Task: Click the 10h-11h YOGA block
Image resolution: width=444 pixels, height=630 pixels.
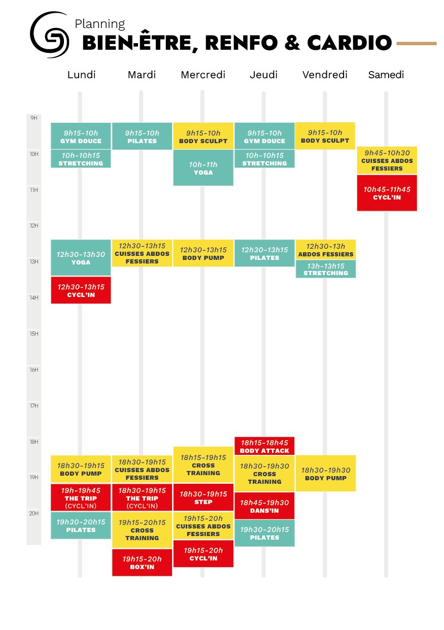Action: (203, 168)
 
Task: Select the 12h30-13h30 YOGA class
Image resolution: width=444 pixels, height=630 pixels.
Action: (81, 258)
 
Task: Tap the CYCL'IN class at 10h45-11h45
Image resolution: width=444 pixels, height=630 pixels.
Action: (387, 193)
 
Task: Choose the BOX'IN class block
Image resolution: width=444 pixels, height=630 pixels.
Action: (142, 562)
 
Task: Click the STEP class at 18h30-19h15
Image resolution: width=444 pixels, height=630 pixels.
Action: (203, 498)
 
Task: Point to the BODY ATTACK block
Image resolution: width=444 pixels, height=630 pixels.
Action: (264, 446)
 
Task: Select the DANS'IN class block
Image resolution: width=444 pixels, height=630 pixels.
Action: (264, 506)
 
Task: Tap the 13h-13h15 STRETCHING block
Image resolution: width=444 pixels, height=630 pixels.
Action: (326, 269)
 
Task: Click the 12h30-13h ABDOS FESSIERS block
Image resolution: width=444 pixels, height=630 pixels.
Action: (326, 250)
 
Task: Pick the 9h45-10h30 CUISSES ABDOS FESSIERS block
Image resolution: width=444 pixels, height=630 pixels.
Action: (387, 160)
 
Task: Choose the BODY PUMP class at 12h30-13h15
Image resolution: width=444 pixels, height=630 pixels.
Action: (203, 253)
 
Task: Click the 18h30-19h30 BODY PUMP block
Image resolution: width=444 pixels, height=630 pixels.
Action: (326, 474)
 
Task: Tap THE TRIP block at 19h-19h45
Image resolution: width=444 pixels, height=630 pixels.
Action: (81, 498)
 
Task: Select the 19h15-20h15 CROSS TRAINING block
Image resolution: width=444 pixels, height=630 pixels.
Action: (142, 530)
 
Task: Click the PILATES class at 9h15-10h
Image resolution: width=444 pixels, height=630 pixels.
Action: (142, 137)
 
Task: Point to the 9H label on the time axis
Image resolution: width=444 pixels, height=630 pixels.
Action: (34, 118)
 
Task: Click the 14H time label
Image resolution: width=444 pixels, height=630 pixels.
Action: (34, 297)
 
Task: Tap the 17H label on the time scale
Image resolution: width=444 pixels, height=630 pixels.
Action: (34, 406)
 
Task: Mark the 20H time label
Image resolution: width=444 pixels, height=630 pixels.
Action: (34, 513)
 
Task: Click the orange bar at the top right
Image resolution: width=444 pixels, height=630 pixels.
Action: (416, 44)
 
